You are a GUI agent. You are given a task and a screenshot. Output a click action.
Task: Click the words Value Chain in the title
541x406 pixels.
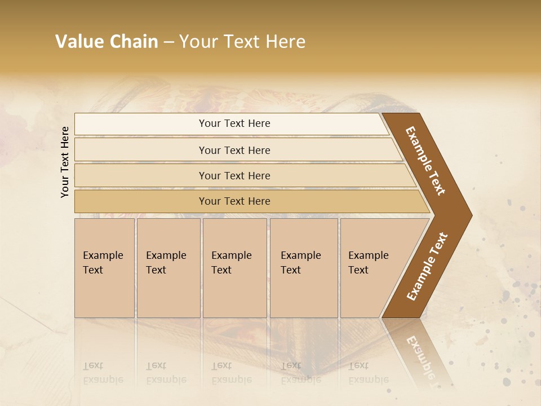107,42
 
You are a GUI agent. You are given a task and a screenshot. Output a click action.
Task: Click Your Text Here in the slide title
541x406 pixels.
242,42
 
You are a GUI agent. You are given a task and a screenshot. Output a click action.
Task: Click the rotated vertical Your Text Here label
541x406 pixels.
65,162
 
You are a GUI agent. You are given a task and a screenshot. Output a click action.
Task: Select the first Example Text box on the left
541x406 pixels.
104,268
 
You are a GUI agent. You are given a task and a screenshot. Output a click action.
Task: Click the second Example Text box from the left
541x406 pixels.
168,268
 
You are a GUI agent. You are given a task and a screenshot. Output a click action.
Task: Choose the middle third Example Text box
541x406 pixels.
234,268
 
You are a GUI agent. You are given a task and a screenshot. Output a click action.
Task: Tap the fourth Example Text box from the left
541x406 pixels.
303,268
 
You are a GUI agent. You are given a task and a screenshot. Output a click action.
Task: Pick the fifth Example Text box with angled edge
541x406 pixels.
372,268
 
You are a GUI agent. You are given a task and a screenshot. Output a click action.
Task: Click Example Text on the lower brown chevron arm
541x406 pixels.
427,266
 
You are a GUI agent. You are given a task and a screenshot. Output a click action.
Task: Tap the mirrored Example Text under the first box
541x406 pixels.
104,373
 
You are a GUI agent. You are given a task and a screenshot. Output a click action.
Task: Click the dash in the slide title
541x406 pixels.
168,42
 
